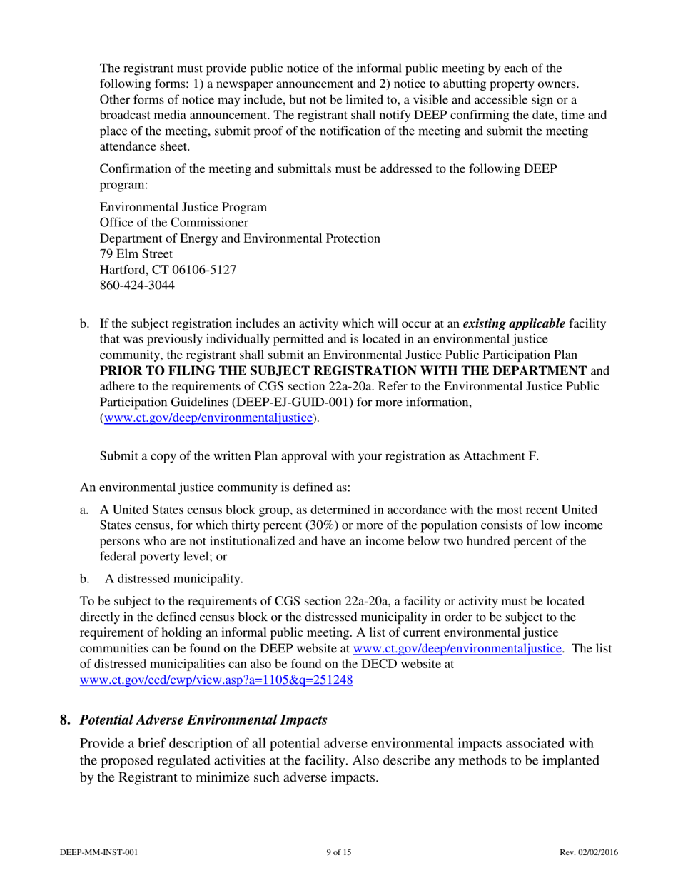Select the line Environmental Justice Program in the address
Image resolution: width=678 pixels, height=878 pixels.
(x=183, y=208)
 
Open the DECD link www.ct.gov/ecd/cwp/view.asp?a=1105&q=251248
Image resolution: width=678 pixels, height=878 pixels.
(x=217, y=680)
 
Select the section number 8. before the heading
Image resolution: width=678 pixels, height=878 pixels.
(x=64, y=720)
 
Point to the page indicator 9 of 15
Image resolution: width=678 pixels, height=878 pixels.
(x=338, y=852)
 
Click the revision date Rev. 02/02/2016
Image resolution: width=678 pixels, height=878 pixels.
(x=589, y=852)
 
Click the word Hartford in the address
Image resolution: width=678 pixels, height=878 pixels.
(x=123, y=271)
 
